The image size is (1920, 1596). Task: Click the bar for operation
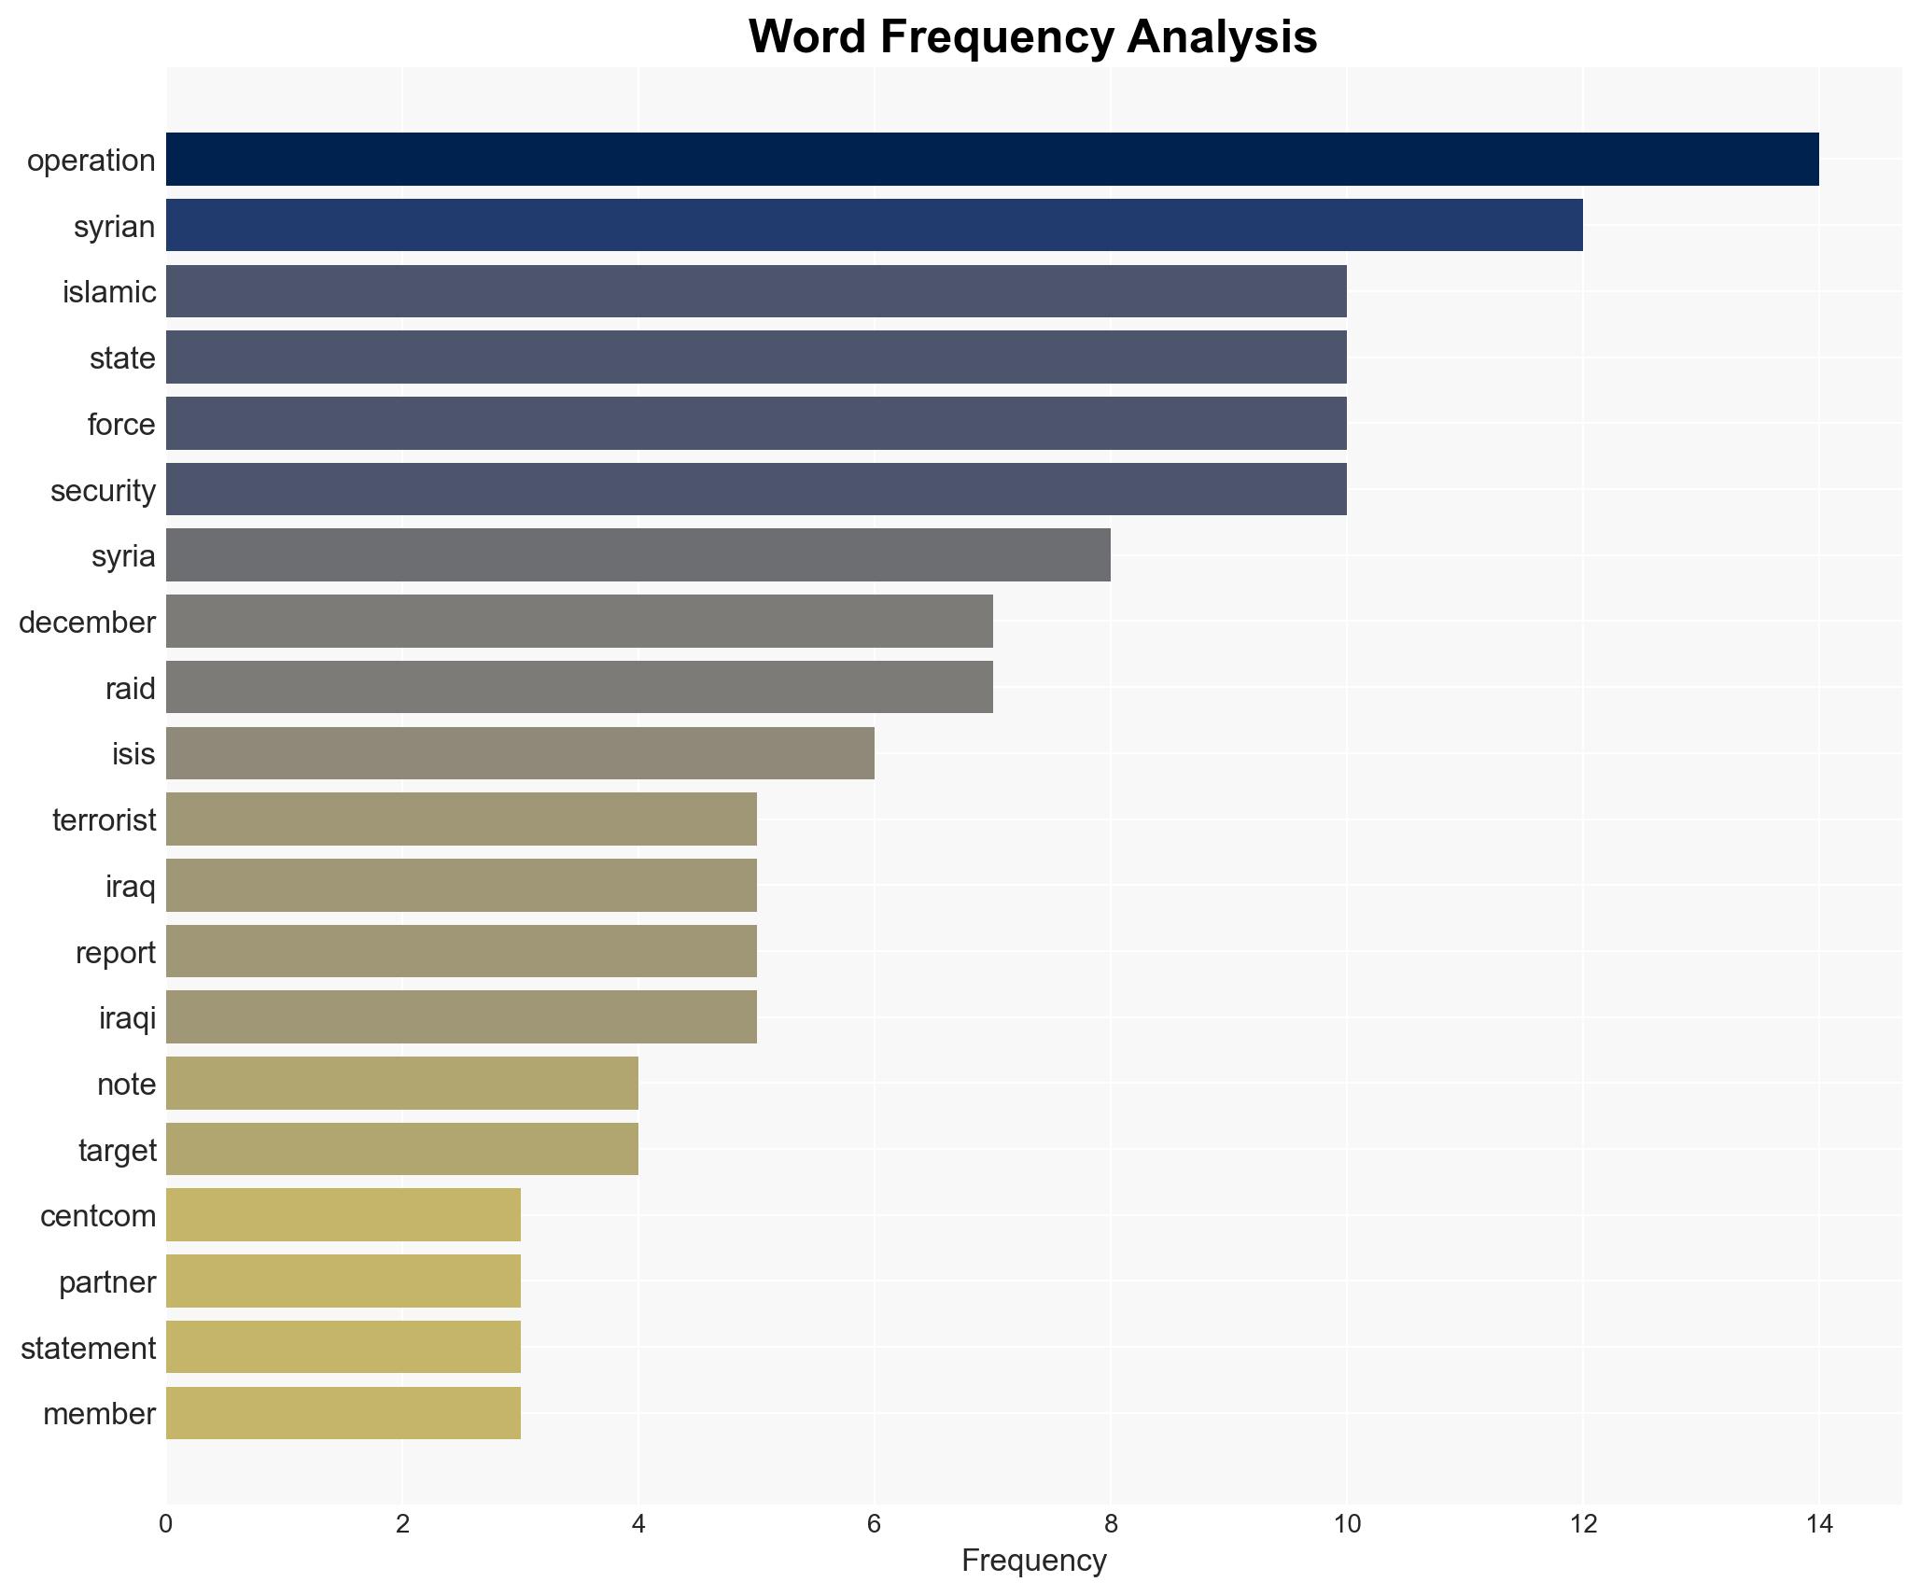(x=991, y=160)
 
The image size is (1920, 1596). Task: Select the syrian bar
(x=874, y=225)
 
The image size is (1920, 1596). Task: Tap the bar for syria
(x=638, y=555)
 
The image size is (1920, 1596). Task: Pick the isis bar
(x=520, y=753)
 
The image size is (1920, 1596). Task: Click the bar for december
(x=579, y=622)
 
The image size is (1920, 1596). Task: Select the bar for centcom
(x=343, y=1215)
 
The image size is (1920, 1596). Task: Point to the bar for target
(x=401, y=1149)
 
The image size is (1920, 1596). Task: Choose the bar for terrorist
(x=461, y=819)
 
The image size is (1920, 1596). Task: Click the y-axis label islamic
(x=109, y=292)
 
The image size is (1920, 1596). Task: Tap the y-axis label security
(x=103, y=490)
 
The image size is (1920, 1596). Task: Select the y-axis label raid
(x=130, y=688)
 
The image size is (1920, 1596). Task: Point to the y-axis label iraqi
(x=127, y=1017)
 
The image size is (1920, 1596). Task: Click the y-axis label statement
(x=88, y=1348)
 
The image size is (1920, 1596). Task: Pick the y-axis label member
(x=99, y=1413)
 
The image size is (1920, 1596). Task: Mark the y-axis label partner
(x=107, y=1281)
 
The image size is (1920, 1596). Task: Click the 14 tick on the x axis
(x=1818, y=1524)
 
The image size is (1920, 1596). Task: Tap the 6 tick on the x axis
(x=874, y=1524)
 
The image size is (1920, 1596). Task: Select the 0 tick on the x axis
(x=166, y=1524)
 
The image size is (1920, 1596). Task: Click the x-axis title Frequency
(x=1033, y=1560)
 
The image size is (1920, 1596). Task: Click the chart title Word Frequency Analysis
(x=1032, y=37)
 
